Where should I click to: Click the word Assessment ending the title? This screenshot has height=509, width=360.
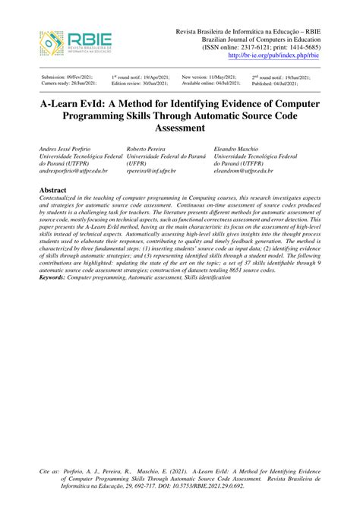point(179,128)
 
